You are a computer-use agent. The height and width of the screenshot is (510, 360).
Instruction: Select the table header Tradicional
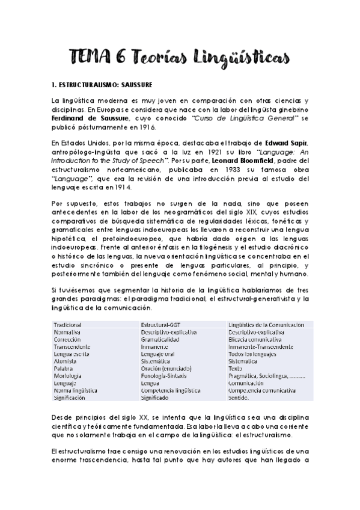point(67,324)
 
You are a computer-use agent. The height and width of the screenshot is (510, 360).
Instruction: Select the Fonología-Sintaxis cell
point(163,375)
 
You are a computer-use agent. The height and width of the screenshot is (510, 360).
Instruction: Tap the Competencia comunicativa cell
point(262,390)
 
